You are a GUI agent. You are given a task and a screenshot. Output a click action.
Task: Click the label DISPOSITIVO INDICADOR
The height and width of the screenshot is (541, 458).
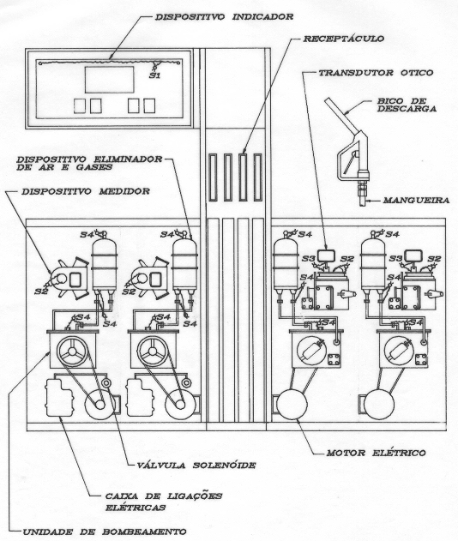[x=224, y=16]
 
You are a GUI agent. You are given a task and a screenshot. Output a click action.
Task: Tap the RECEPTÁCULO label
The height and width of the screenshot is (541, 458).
[x=343, y=39]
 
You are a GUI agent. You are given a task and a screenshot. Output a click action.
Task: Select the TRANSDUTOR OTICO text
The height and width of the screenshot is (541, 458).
[x=376, y=73]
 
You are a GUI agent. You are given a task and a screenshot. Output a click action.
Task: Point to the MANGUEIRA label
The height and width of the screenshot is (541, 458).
[x=416, y=200]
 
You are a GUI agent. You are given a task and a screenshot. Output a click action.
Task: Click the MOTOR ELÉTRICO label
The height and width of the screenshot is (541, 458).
[x=376, y=453]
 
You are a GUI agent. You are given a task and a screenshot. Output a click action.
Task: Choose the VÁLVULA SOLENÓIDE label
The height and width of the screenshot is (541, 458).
[x=196, y=465]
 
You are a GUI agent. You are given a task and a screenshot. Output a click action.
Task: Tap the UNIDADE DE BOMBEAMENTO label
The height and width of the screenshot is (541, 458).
[x=105, y=532]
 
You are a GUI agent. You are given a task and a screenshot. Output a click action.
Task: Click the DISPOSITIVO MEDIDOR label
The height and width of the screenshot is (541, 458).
[x=86, y=191]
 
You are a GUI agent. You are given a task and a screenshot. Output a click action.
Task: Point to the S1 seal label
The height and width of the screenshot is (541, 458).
[x=154, y=75]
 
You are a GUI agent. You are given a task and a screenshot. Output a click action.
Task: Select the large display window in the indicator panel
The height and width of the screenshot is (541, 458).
[x=110, y=80]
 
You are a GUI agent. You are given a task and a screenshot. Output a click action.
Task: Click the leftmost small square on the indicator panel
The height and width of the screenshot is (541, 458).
[x=80, y=106]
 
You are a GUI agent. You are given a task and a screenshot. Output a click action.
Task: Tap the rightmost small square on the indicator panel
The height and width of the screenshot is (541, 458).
[x=149, y=105]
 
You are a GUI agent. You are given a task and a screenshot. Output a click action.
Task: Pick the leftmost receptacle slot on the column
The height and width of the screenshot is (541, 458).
[x=213, y=177]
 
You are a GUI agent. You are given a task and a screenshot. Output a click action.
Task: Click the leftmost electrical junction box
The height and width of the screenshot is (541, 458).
[x=59, y=398]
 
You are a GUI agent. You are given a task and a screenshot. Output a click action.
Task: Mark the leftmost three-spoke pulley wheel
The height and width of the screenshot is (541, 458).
[x=72, y=352]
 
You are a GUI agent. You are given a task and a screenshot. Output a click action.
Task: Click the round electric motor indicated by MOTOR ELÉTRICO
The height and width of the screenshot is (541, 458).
[x=292, y=404]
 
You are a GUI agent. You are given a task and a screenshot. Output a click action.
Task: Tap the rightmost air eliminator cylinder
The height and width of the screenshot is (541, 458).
[x=373, y=263]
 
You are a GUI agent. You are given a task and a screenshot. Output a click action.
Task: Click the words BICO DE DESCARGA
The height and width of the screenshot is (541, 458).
[x=407, y=105]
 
